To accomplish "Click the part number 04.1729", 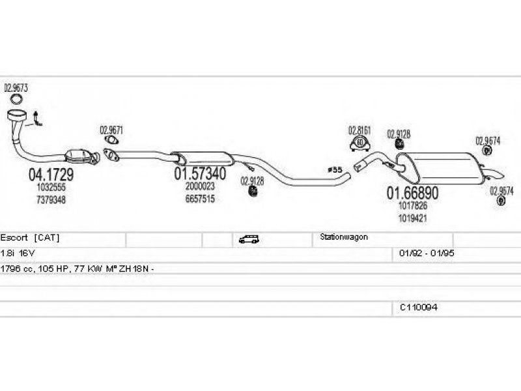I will coord(50,175).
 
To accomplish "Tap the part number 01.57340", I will coord(199,174).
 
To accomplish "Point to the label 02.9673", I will coord(16,87).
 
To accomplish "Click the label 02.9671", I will coord(111,130).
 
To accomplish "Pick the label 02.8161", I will coord(359,130).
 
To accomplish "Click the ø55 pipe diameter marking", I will coord(335,169).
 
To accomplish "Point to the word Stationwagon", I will coord(344,237).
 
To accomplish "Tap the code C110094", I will coord(418,306).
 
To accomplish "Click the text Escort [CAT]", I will coord(30,238).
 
